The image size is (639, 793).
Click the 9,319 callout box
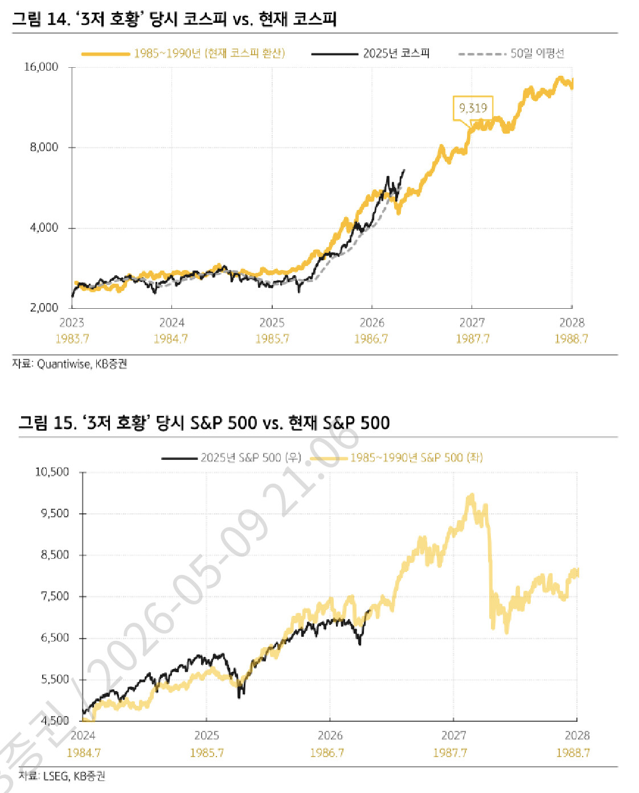click(x=473, y=108)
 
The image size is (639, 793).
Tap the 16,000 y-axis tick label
click(x=41, y=67)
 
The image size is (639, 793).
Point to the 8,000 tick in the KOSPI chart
click(x=44, y=148)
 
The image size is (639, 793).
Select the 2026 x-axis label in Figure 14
click(x=372, y=323)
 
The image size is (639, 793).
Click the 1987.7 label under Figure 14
click(x=473, y=339)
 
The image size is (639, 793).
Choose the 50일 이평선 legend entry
click(x=511, y=54)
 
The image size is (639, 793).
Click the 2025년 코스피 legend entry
click(x=370, y=54)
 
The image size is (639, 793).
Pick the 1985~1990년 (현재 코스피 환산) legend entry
click(x=183, y=54)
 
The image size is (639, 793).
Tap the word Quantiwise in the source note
click(x=64, y=364)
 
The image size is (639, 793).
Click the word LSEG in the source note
click(x=56, y=776)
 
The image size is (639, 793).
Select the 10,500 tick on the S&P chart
click(x=52, y=472)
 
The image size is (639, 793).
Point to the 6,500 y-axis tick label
click(x=55, y=638)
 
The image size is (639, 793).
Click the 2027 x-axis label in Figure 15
click(x=454, y=735)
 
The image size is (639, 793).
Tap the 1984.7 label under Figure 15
click(x=84, y=753)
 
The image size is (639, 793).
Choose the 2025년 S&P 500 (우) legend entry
click(x=231, y=458)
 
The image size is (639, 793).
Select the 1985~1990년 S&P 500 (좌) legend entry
click(x=396, y=458)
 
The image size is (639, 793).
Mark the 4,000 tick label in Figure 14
click(x=44, y=228)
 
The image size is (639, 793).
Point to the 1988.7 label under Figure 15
click(x=573, y=753)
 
